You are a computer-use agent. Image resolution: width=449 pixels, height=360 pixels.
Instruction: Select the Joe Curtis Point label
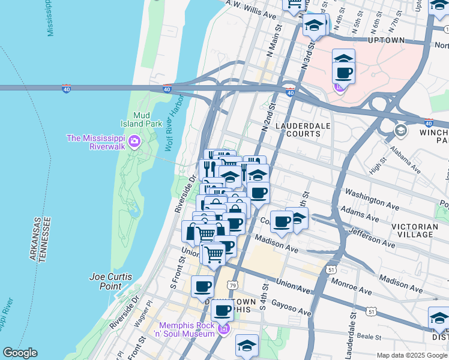pos(110,281)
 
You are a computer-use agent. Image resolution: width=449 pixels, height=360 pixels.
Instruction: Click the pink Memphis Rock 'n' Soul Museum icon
pos(223,328)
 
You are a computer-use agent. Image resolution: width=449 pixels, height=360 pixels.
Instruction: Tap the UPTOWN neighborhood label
pos(386,40)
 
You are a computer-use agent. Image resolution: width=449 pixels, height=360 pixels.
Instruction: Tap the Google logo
pos(20,353)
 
